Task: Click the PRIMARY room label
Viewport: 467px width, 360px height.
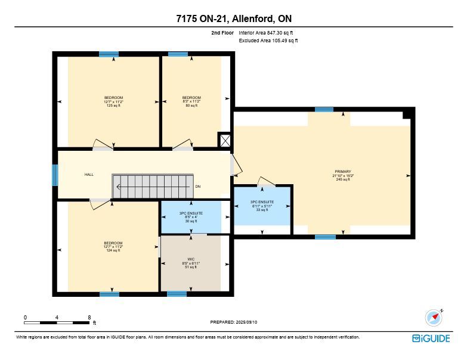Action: pyautogui.click(x=343, y=176)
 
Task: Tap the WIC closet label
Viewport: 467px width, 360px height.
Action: pyautogui.click(x=191, y=263)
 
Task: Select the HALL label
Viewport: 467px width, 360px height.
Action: pyautogui.click(x=89, y=175)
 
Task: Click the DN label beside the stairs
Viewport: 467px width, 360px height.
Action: pyautogui.click(x=198, y=187)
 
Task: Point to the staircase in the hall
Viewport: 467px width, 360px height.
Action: pyautogui.click(x=153, y=186)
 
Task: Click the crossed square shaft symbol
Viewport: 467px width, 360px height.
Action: pyautogui.click(x=225, y=141)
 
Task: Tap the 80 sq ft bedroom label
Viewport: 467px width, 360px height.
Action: pyautogui.click(x=191, y=101)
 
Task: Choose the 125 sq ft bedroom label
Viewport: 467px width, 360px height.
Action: pyautogui.click(x=113, y=101)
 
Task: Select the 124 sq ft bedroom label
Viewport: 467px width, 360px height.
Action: pyautogui.click(x=113, y=247)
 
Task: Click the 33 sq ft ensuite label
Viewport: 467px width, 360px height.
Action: pyautogui.click(x=262, y=206)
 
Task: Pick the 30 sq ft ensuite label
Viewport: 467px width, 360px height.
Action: pyautogui.click(x=191, y=217)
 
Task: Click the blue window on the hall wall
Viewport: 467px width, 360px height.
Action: pyautogui.click(x=55, y=175)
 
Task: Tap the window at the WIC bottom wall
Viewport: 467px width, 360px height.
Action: pyautogui.click(x=177, y=294)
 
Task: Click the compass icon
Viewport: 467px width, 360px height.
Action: pyautogui.click(x=434, y=318)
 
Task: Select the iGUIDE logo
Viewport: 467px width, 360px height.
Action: pyautogui.click(x=431, y=339)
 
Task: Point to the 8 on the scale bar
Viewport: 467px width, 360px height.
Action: pyautogui.click(x=89, y=318)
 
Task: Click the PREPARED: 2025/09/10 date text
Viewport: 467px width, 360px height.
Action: pyautogui.click(x=234, y=322)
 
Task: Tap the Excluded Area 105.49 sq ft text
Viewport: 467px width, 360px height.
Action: pyautogui.click(x=268, y=41)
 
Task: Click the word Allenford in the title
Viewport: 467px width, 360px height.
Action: pyautogui.click(x=253, y=18)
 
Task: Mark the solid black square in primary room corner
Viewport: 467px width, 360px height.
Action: pyautogui.click(x=407, y=114)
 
